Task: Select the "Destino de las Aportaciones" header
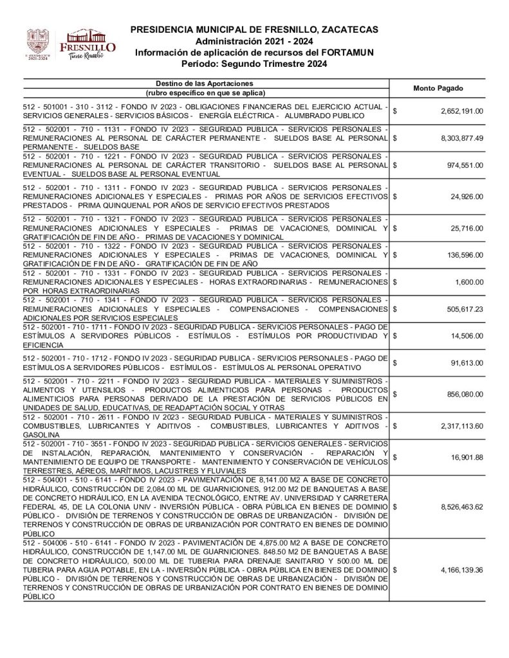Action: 205,84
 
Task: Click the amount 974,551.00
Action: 468,164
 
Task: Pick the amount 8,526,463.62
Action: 462,506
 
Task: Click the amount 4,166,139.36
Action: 462,569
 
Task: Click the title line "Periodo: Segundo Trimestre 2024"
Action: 254,64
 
